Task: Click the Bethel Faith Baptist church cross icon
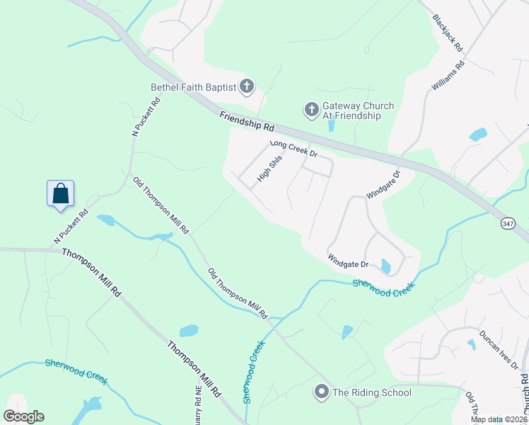(247, 87)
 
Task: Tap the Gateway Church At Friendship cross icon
(311, 110)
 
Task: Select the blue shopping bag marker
(61, 193)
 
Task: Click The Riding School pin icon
(322, 392)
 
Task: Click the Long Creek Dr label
(293, 149)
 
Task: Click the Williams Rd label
(447, 76)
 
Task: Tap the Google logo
(23, 416)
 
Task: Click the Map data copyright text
(499, 419)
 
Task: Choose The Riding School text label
(371, 392)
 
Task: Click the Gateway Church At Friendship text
(358, 110)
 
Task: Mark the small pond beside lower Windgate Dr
(385, 266)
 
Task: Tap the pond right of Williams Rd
(479, 134)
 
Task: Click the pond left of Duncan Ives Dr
(472, 344)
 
